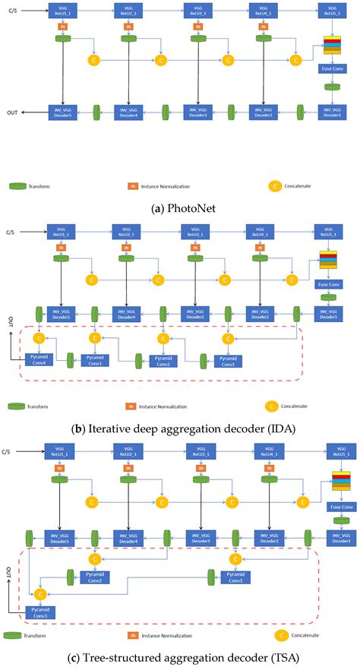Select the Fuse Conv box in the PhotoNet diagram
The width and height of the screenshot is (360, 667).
332,68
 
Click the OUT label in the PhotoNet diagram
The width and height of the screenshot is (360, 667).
13,112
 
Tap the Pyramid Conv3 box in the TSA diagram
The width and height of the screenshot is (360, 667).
38,612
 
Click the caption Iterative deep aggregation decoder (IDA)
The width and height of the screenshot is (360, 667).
180,428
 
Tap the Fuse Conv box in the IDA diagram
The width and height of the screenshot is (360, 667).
329,284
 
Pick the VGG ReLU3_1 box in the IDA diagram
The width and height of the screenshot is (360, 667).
197,230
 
